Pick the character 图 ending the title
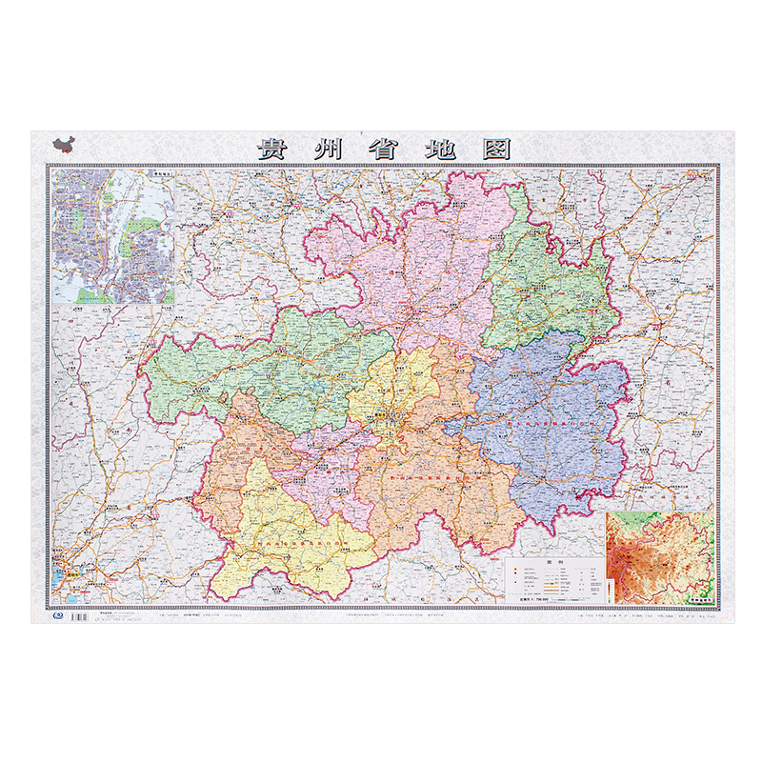pos(495,150)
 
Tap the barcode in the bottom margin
pos(80,617)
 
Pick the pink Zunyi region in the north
pos(419,267)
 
